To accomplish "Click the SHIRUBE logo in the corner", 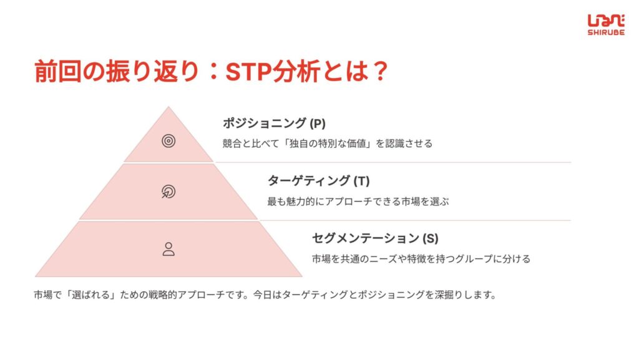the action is pyautogui.click(x=606, y=25).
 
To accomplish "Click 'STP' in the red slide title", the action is pyautogui.click(x=248, y=72).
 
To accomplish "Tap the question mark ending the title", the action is pyautogui.click(x=380, y=72).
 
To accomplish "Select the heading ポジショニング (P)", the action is pyautogui.click(x=274, y=123).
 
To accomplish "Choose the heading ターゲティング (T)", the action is pyautogui.click(x=318, y=180).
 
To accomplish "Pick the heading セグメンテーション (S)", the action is pyautogui.click(x=375, y=238).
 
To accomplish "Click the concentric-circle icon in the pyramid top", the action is pyautogui.click(x=168, y=141).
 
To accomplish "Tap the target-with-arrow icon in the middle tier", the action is pyautogui.click(x=168, y=192).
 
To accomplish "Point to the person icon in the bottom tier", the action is pyautogui.click(x=168, y=249).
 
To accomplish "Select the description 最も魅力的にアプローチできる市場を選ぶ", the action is pyautogui.click(x=358, y=201).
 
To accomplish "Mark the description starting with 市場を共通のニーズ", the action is pyautogui.click(x=421, y=259).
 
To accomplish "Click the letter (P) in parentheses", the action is pyautogui.click(x=318, y=124).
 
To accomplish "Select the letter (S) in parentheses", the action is pyautogui.click(x=431, y=238).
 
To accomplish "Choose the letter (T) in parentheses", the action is pyautogui.click(x=361, y=181).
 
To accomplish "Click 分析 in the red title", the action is pyautogui.click(x=296, y=72).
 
